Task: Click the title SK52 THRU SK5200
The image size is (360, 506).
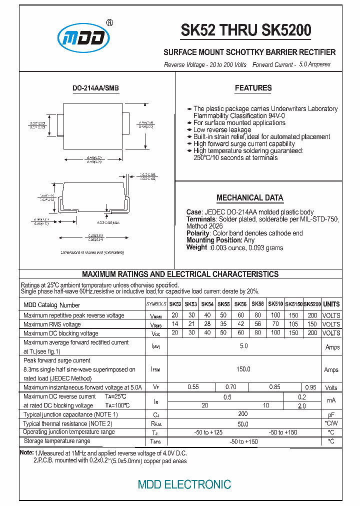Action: [246, 31]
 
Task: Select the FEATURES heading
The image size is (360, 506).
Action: [253, 88]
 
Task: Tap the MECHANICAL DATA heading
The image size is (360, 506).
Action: [250, 197]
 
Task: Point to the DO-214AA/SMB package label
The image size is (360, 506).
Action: [96, 88]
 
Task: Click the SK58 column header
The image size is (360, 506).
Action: [257, 304]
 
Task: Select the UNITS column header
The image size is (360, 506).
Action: [331, 304]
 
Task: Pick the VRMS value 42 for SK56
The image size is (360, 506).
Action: [240, 324]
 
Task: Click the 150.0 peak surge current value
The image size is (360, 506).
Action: [243, 369]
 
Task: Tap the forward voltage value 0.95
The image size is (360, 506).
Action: [310, 387]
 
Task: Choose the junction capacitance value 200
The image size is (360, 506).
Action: [243, 414]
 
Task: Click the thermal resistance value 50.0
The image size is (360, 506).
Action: [243, 424]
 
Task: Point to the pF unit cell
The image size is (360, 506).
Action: [331, 415]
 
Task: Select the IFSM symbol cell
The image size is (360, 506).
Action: [156, 369]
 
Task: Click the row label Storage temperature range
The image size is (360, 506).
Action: [57, 441]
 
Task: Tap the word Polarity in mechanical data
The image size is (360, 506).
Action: [198, 233]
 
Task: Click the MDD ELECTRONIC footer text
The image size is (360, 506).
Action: [184, 484]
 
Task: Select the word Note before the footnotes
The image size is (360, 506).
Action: [26, 452]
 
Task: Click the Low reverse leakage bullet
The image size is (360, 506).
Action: [222, 130]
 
